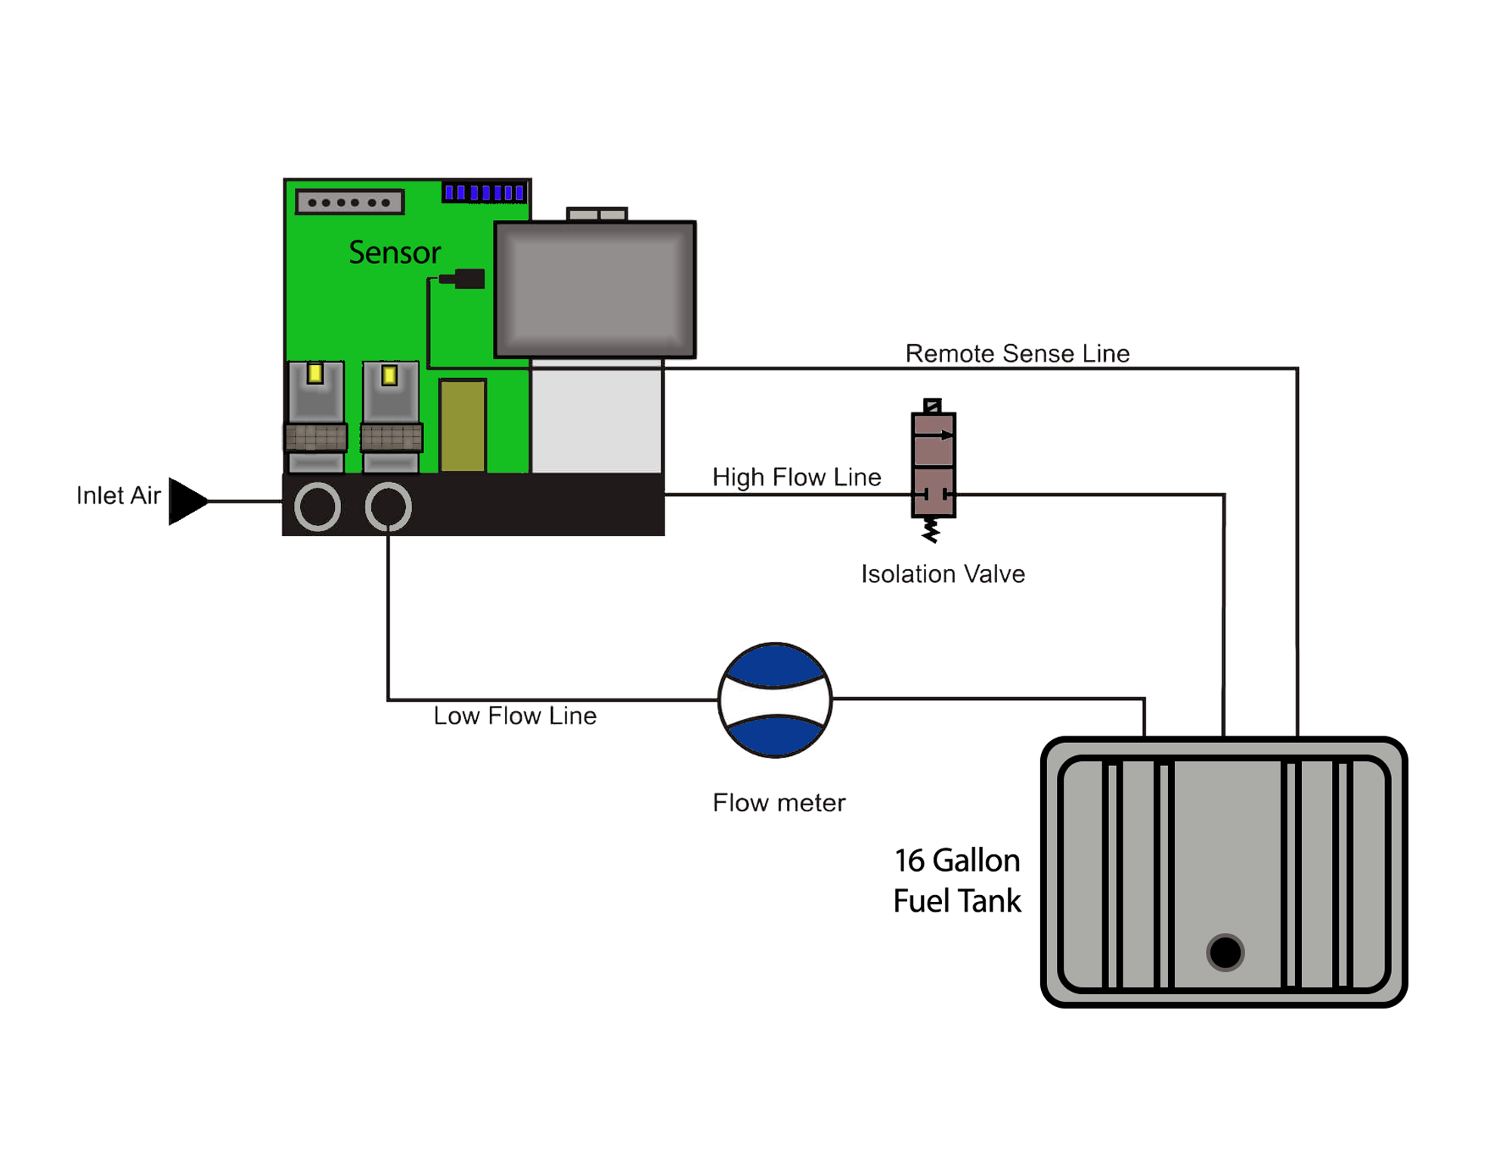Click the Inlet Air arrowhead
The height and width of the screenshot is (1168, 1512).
click(x=185, y=500)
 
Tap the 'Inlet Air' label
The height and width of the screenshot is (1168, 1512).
click(x=119, y=495)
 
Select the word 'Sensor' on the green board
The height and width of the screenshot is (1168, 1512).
click(x=394, y=252)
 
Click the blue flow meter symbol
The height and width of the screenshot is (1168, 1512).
click(x=774, y=700)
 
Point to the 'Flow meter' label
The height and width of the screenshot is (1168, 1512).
click(x=778, y=802)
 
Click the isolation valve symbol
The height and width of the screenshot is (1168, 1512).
click(x=933, y=464)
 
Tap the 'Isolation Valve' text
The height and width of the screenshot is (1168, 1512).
click(x=942, y=574)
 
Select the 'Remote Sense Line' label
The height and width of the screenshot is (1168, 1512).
click(x=1017, y=353)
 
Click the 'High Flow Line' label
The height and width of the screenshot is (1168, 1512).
click(x=796, y=477)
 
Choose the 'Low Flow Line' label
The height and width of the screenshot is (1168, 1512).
click(x=514, y=715)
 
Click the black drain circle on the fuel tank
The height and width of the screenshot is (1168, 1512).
click(x=1225, y=952)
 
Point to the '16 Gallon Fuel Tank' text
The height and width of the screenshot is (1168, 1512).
click(x=956, y=880)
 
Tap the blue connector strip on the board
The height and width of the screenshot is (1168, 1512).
click(x=484, y=193)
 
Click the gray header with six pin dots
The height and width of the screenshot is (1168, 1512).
click(x=349, y=202)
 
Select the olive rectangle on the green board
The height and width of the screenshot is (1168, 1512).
click(x=462, y=426)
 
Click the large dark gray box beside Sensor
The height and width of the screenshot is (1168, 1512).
click(x=594, y=289)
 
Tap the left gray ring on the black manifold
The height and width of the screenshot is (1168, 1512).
click(x=317, y=507)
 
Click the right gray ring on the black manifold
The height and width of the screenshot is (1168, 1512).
click(x=388, y=507)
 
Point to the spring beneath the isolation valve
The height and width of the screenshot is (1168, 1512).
click(x=931, y=530)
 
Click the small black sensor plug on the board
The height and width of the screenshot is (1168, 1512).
click(x=464, y=279)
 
